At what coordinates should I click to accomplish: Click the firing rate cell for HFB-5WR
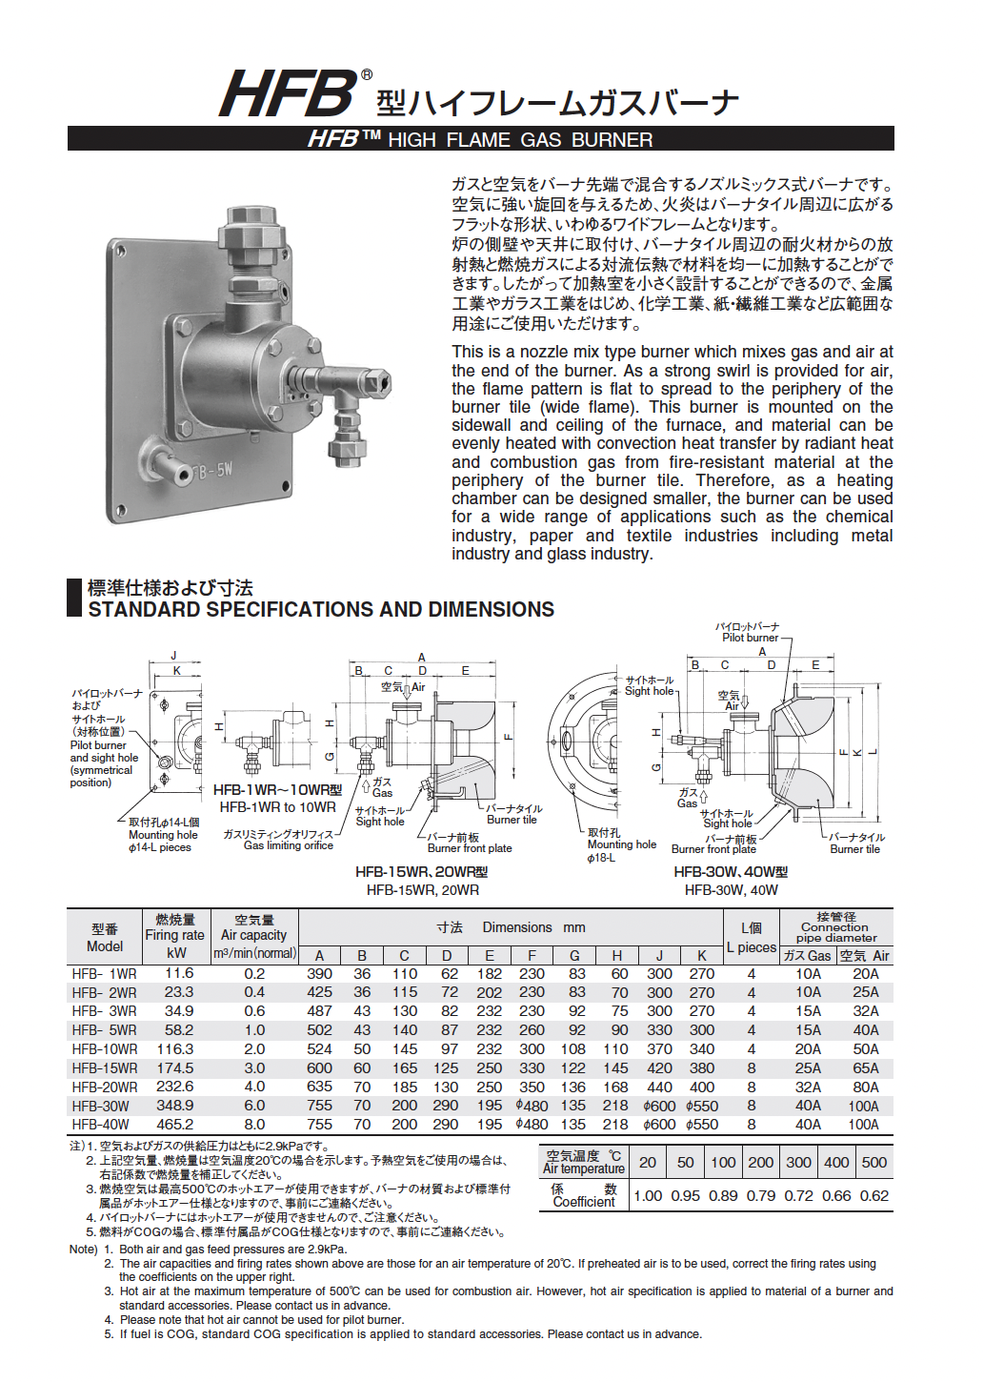pos(178,1030)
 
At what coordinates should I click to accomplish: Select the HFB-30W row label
pos(101,1107)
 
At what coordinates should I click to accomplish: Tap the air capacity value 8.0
pos(254,1125)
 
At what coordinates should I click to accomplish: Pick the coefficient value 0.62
pos(874,1196)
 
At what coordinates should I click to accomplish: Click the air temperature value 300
pos(798,1162)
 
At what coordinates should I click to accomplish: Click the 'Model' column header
pos(105,946)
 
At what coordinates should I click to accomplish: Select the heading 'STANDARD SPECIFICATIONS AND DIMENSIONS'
pos(321,610)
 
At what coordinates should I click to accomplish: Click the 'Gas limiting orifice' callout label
pos(288,845)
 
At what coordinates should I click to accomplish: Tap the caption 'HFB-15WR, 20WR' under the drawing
pos(422,890)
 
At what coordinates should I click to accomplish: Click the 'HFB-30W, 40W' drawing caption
pos(731,890)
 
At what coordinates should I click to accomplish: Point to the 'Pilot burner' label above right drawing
pos(750,638)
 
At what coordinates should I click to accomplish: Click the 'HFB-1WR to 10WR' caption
pos(277,807)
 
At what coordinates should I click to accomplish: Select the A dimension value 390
pos(319,974)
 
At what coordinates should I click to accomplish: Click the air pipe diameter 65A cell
pos(865,1068)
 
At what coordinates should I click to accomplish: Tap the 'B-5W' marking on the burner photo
pos(211,471)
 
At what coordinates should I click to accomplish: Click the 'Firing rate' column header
pos(175,935)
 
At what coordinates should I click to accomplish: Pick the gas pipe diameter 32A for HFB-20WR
pos(808,1087)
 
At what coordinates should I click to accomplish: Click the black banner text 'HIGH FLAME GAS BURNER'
pos(520,140)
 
